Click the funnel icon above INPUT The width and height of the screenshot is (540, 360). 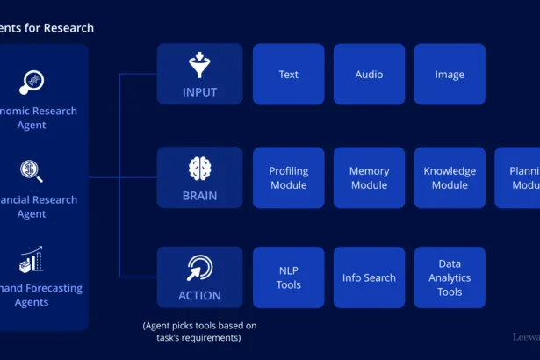click(x=199, y=65)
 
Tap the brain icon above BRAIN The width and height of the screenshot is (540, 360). click(x=199, y=167)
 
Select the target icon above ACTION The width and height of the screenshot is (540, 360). click(x=199, y=268)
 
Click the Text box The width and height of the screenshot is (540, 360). click(x=288, y=75)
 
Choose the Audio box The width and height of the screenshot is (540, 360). click(x=369, y=75)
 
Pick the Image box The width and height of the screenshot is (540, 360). click(x=450, y=75)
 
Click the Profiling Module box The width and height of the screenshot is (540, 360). click(x=288, y=177)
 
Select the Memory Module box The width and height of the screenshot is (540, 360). click(x=369, y=177)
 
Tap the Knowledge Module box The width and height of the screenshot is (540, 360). click(x=450, y=177)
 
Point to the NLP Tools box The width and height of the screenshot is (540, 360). click(x=288, y=277)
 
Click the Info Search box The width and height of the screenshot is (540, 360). click(x=369, y=277)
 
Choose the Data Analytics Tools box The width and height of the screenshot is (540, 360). click(x=450, y=277)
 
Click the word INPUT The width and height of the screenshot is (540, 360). click(x=199, y=92)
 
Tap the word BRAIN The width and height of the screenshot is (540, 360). click(x=199, y=196)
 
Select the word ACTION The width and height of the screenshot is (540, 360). click(x=199, y=296)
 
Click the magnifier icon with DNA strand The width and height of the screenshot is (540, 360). click(x=32, y=83)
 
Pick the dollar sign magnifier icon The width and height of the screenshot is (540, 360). click(x=32, y=170)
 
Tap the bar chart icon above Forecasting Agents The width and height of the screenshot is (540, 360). click(x=32, y=259)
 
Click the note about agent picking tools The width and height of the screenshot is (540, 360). click(x=199, y=332)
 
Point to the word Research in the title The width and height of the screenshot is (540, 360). click(x=70, y=28)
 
